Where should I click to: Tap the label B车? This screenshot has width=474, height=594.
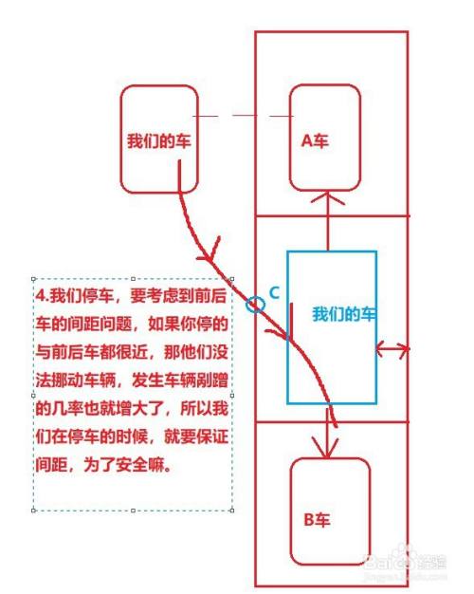click(x=316, y=519)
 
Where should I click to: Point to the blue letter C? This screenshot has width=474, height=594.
click(x=274, y=294)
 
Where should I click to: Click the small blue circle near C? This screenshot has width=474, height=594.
click(x=253, y=305)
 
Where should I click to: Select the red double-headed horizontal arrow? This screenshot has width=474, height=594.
click(x=392, y=350)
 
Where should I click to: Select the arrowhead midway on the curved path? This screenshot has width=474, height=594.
click(x=215, y=254)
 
